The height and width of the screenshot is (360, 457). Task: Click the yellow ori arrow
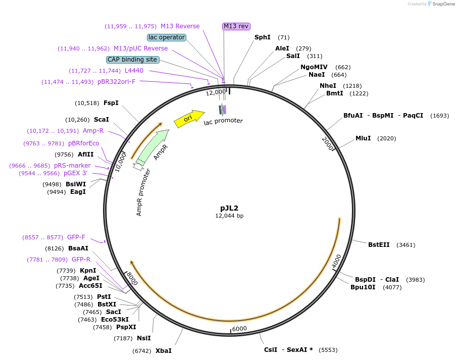click(x=188, y=119)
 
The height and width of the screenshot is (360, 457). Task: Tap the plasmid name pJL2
click(x=229, y=208)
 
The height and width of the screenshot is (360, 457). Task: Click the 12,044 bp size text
click(x=229, y=216)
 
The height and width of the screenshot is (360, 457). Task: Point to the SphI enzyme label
click(x=263, y=37)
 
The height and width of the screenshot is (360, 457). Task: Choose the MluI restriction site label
click(x=363, y=138)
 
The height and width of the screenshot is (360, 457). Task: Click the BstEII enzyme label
click(x=379, y=245)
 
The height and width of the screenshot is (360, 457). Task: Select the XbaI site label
click(x=163, y=350)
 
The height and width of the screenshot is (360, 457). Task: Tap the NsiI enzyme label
click(x=144, y=338)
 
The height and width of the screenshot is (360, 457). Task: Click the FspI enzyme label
click(x=111, y=103)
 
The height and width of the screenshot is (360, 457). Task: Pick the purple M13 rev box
click(x=236, y=26)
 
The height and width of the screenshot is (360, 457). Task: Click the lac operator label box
click(x=167, y=37)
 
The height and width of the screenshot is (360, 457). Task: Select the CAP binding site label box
click(x=133, y=60)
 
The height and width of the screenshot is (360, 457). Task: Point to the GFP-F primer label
click(x=76, y=237)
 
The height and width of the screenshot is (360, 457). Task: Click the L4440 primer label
click(x=134, y=71)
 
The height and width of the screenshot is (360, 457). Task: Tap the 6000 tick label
click(x=239, y=328)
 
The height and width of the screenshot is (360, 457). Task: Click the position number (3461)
click(x=405, y=245)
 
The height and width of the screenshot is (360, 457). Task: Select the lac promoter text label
click(x=223, y=121)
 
